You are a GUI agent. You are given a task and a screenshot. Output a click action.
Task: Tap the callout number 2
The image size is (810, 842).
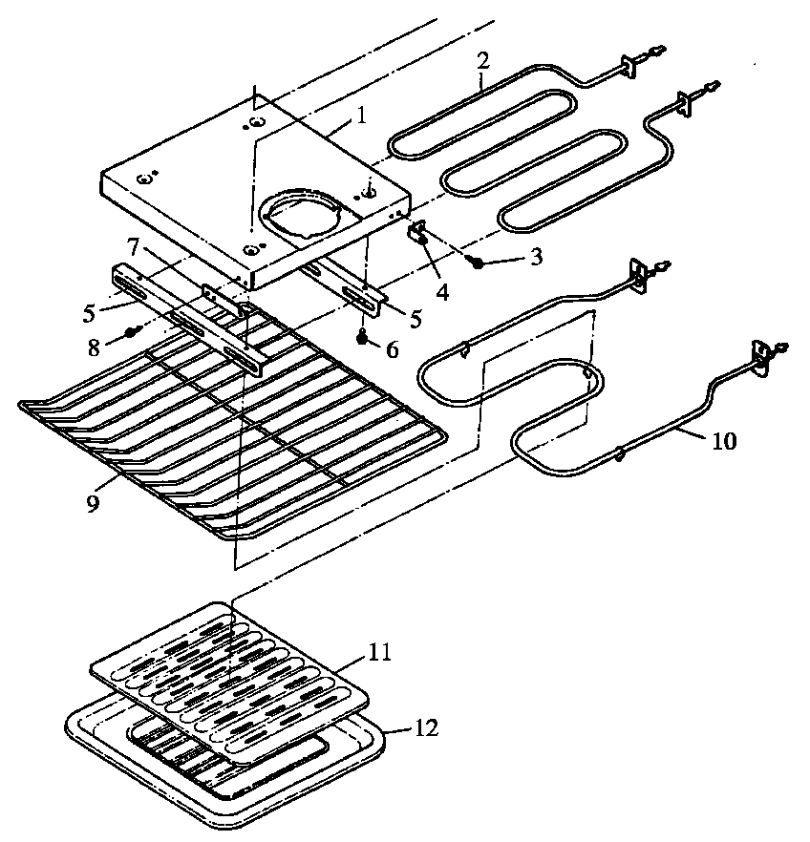(x=483, y=59)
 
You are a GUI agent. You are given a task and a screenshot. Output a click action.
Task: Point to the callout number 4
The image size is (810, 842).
(x=442, y=289)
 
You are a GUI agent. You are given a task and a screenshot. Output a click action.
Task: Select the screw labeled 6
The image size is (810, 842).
(x=363, y=336)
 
